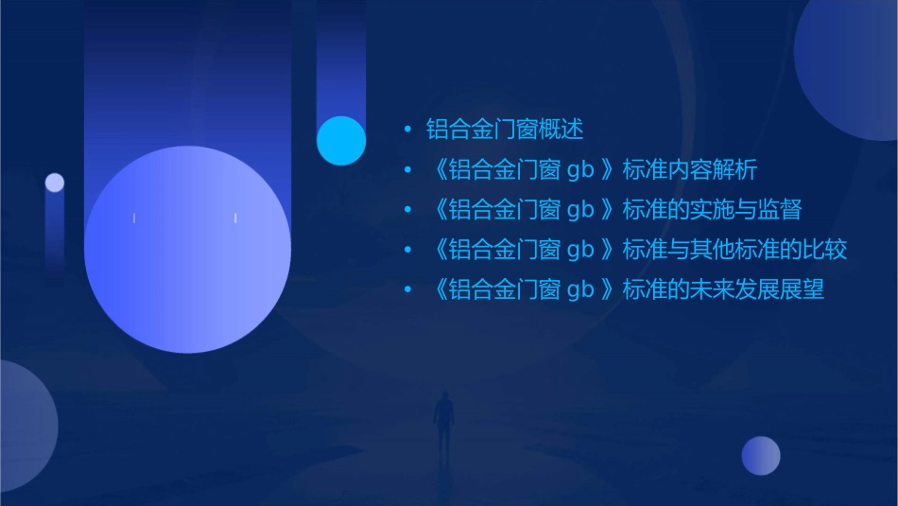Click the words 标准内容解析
pyautogui.click(x=689, y=170)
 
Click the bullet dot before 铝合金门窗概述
pyautogui.click(x=407, y=130)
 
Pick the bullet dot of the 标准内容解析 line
pyautogui.click(x=407, y=170)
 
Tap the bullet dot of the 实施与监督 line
pyautogui.click(x=407, y=210)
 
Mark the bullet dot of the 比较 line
pyautogui.click(x=407, y=250)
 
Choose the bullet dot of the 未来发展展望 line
pyautogui.click(x=407, y=289)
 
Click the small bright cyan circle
pyautogui.click(x=341, y=140)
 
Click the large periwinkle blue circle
pyautogui.click(x=187, y=250)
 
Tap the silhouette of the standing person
pyautogui.click(x=442, y=421)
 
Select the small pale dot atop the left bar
pyautogui.click(x=55, y=183)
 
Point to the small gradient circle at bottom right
pyautogui.click(x=761, y=455)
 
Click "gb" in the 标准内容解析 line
pyautogui.click(x=580, y=171)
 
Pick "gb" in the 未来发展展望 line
pyautogui.click(x=580, y=290)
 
